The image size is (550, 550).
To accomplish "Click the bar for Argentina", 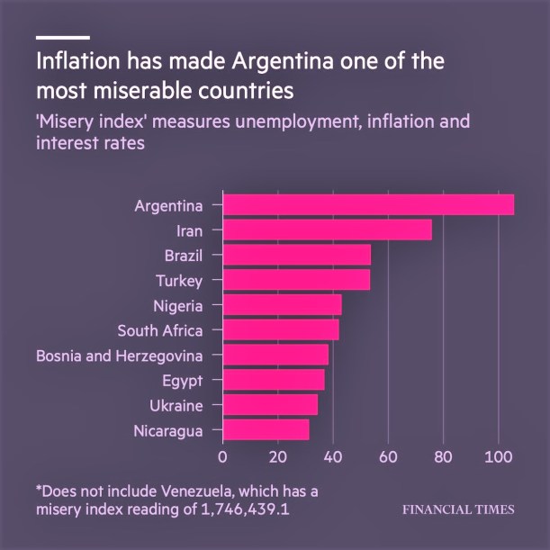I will [368, 205].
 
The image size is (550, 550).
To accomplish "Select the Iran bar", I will [327, 230].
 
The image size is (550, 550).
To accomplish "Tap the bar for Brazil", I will [296, 255].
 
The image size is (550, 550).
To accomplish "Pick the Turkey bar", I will [296, 280].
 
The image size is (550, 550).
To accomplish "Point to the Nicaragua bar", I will [266, 429].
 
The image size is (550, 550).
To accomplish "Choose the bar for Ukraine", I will [270, 404].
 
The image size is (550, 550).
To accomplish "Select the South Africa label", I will [160, 330].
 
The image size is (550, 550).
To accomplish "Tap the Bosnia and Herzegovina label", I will [120, 356].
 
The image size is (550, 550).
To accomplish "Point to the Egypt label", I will [183, 380].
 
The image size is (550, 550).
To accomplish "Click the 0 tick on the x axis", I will [222, 455].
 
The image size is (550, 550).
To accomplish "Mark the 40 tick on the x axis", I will [333, 455].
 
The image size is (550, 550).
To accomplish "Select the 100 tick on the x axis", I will [498, 455].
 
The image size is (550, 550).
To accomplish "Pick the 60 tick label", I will [388, 455].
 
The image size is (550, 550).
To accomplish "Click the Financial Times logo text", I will [458, 509].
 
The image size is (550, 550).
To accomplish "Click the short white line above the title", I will [63, 38].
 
